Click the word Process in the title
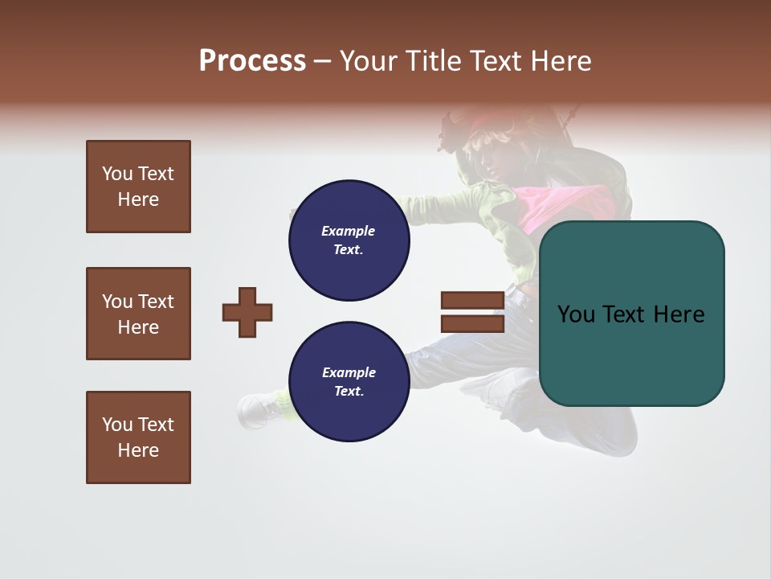[x=252, y=61]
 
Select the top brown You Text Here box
[x=138, y=187]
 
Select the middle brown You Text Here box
[x=138, y=314]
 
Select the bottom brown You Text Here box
[x=138, y=437]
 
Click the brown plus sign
[x=247, y=312]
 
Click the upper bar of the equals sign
[x=472, y=301]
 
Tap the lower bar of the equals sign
[x=472, y=324]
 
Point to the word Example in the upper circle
[x=348, y=231]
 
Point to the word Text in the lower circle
[x=348, y=392]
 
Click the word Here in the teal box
[x=679, y=314]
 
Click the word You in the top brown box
[x=117, y=174]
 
